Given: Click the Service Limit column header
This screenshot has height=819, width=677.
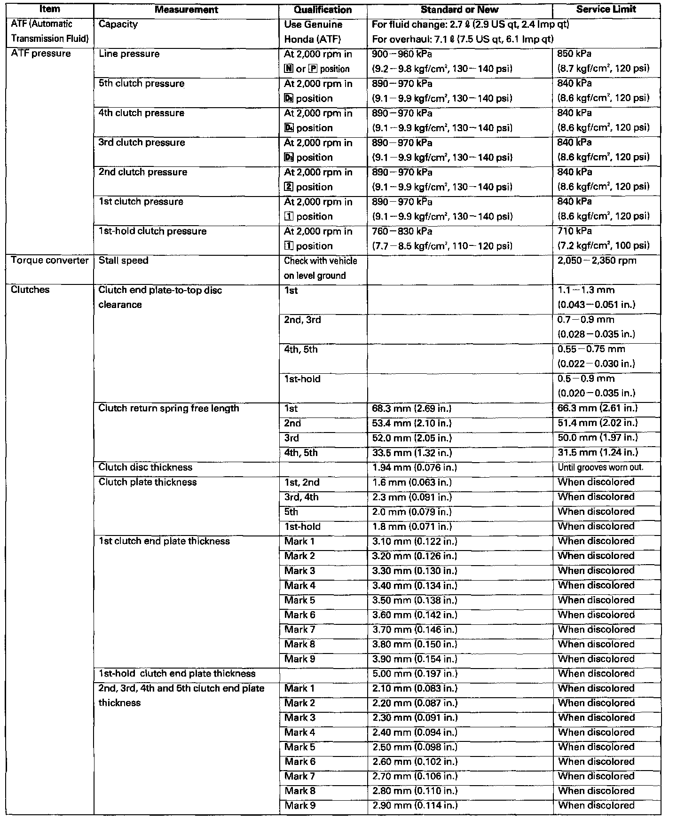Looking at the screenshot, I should [606, 9].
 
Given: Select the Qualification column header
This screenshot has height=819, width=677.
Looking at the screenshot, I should [323, 9].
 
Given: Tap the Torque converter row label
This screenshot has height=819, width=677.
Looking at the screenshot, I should [50, 260].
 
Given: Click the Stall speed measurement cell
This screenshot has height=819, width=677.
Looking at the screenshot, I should [123, 260].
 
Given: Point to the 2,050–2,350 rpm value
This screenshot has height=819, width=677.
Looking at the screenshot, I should [597, 260].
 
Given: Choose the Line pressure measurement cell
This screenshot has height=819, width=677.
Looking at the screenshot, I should [129, 54].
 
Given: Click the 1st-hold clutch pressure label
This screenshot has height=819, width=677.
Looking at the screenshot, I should [152, 231].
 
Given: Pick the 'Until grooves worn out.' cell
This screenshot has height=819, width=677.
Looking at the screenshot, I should [600, 468].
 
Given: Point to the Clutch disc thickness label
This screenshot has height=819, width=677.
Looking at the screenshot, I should [145, 467].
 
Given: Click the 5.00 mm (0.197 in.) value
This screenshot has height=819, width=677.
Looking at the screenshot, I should [414, 674].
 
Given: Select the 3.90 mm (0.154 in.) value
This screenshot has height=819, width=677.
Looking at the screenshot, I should [414, 659].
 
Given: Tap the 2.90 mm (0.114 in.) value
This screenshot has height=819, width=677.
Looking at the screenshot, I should [414, 806].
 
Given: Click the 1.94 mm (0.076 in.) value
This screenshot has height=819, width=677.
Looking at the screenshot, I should [414, 468].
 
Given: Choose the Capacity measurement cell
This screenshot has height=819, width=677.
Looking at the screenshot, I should [118, 24].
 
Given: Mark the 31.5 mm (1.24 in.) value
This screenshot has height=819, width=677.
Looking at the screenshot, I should [598, 453].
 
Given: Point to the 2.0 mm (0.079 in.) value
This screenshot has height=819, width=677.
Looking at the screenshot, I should [411, 512].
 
